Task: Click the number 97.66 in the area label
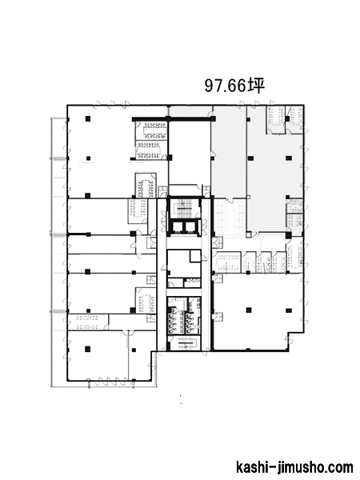(226, 86)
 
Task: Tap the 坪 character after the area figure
(256, 86)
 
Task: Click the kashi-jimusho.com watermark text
(294, 467)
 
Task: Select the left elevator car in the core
(178, 227)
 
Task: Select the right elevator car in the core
(190, 227)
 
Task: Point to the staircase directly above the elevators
(184, 210)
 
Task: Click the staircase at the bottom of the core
(186, 343)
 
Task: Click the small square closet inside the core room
(195, 256)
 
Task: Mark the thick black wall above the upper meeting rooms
(173, 118)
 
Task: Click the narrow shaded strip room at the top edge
(190, 111)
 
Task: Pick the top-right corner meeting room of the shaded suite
(294, 120)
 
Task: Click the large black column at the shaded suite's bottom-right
(289, 235)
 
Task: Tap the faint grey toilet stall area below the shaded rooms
(230, 218)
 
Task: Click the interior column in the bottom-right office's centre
(249, 310)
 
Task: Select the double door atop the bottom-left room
(128, 332)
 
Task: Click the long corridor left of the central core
(162, 274)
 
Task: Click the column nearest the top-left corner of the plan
(88, 118)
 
